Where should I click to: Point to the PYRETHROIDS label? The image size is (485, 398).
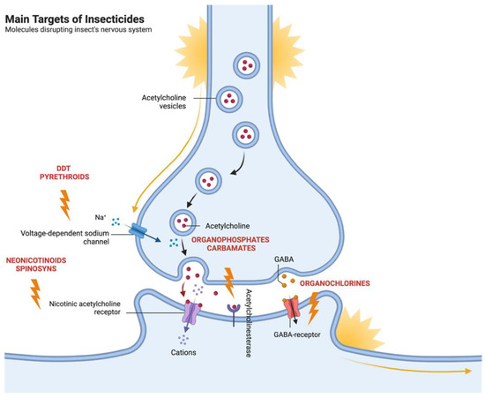(64, 178)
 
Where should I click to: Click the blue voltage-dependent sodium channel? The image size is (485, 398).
(141, 231)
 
